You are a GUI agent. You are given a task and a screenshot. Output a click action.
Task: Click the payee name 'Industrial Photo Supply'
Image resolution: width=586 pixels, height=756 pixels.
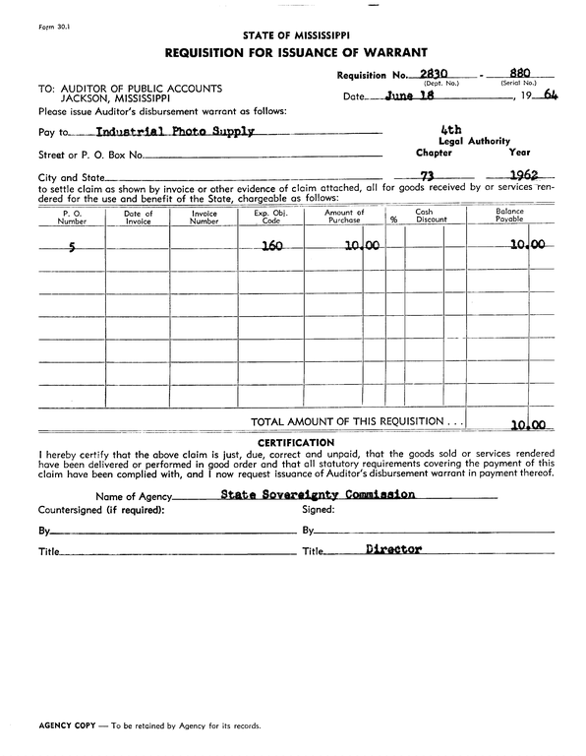(175, 131)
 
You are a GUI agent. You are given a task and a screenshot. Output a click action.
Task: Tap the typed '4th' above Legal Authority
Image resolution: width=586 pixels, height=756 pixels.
(452, 130)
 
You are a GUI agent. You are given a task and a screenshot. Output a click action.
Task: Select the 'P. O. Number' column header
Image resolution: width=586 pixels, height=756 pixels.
(71, 218)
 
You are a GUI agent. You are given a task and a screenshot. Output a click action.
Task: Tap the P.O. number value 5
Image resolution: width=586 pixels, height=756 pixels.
(71, 247)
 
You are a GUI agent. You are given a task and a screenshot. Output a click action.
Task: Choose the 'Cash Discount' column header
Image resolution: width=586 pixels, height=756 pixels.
(425, 218)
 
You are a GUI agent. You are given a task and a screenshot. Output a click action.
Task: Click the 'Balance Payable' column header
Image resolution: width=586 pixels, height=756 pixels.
(509, 218)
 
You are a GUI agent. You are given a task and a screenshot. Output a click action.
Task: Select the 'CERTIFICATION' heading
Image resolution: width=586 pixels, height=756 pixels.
(292, 443)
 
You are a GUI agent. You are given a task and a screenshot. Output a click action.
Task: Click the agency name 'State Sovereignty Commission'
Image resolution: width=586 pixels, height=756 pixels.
(318, 495)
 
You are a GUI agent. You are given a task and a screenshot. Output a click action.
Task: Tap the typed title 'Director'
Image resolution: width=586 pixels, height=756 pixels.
(393, 550)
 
